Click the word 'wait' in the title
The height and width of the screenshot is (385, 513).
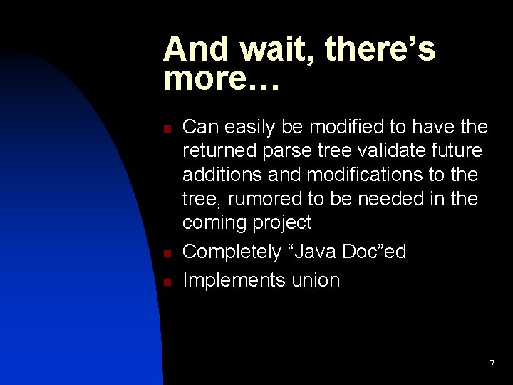click(281, 50)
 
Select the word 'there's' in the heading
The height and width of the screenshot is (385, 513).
click(382, 50)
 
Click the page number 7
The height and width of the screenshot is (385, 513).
click(492, 364)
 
